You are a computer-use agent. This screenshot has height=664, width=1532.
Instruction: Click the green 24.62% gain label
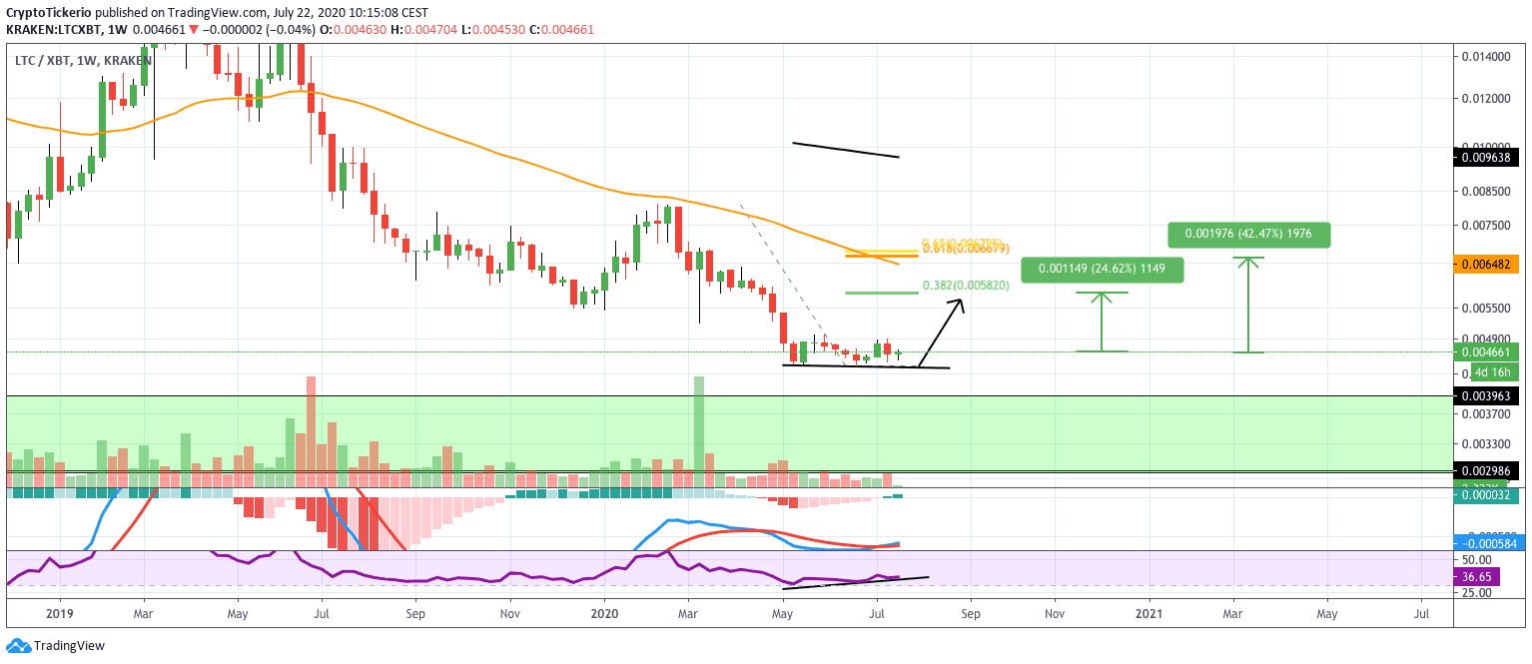tap(1102, 269)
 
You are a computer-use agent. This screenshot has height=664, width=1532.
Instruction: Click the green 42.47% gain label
tap(1248, 235)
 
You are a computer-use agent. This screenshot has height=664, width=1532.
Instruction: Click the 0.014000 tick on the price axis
tap(1487, 56)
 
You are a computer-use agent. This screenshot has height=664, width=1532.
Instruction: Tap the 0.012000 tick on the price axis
tap(1487, 98)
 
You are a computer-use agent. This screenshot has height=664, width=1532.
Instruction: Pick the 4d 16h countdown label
tap(1495, 372)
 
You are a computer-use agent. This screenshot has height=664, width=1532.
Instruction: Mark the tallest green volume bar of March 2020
tap(699, 429)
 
